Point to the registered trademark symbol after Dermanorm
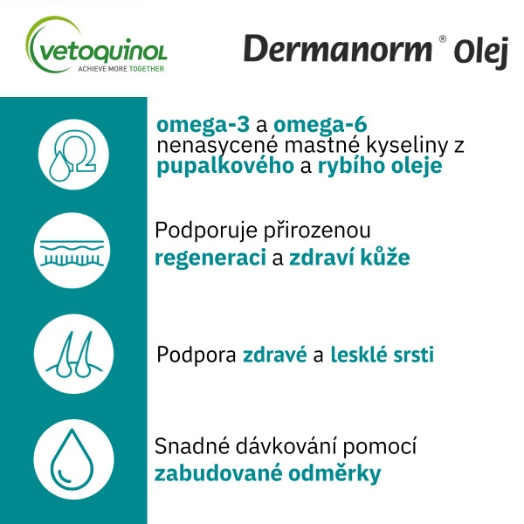point(443,39)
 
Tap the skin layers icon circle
point(73,251)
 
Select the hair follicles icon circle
point(73,355)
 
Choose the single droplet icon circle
point(73,459)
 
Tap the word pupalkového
point(225,166)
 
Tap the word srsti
point(414,355)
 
